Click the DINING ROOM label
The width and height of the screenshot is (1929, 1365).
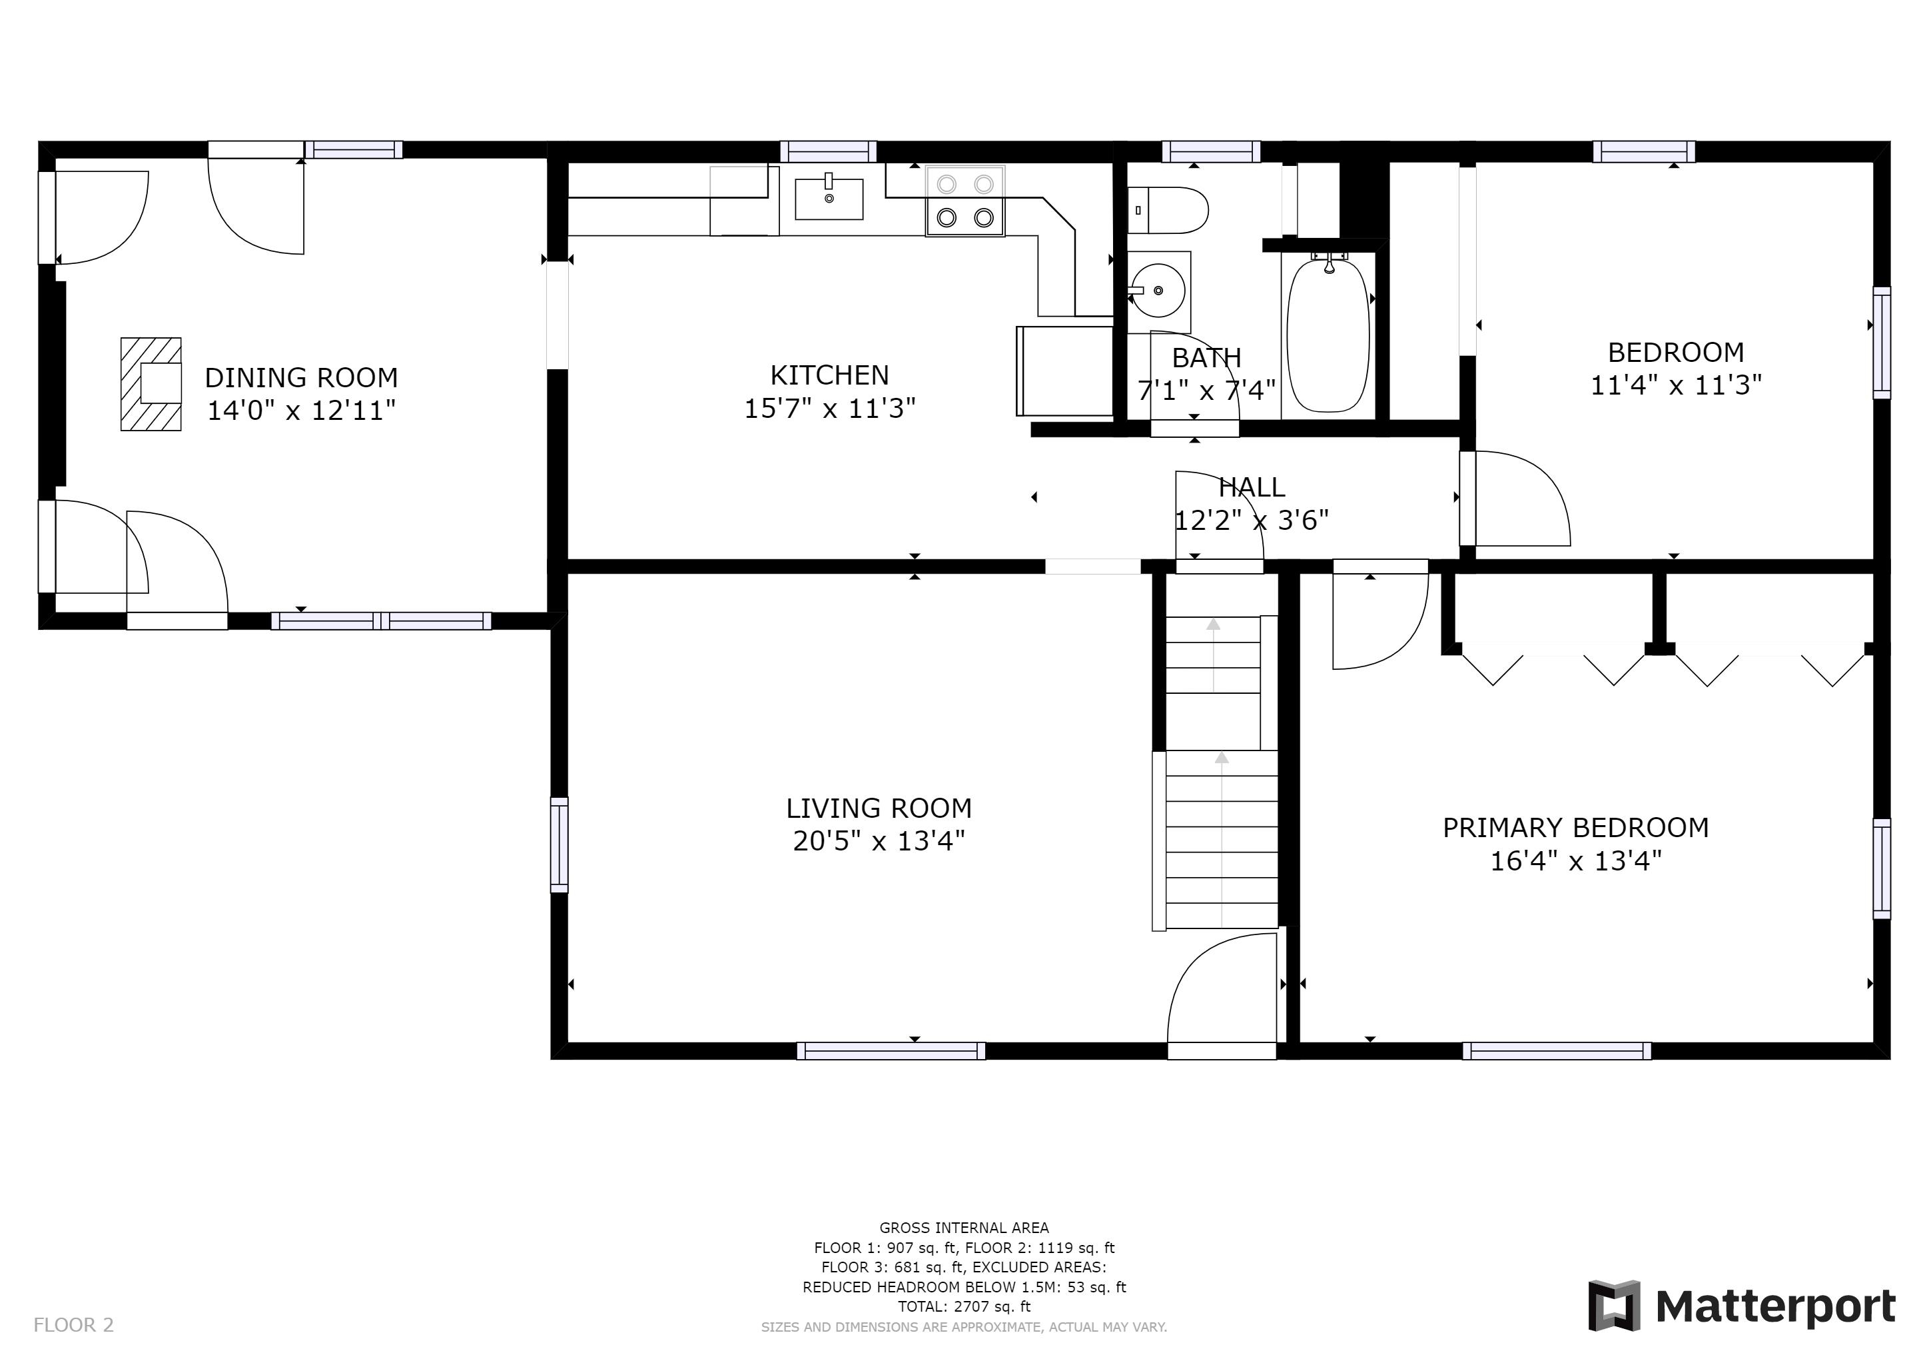302,377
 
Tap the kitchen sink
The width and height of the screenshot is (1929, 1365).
829,199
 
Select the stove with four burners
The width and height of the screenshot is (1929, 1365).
965,201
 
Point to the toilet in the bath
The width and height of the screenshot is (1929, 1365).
1168,210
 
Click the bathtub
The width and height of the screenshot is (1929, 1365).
1328,335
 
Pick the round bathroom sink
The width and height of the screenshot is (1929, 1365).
1158,291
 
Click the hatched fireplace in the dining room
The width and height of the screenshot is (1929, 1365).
151,384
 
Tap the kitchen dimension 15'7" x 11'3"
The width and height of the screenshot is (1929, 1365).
830,409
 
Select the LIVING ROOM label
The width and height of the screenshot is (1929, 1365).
879,808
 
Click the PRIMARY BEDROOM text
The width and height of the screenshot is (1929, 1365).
1576,827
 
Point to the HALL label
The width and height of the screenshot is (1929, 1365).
1252,487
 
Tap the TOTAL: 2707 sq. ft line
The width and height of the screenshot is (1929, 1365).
964,1306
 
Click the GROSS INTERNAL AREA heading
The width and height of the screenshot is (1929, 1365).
964,1227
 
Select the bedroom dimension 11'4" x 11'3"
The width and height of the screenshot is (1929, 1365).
1676,385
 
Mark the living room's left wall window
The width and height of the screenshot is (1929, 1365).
560,844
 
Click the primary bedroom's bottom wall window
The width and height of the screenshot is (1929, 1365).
1557,1050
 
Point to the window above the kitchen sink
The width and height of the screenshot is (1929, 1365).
829,151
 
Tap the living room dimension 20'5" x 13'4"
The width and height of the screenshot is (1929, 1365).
879,840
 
